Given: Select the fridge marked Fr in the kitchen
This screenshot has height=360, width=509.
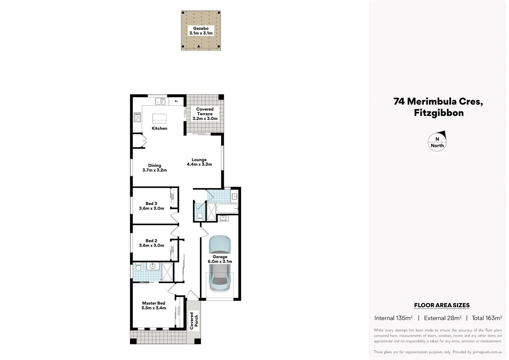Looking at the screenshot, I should [176, 101].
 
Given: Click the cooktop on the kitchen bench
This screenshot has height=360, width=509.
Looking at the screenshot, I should [137, 117].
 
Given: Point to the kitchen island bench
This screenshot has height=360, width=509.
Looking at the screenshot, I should [159, 118].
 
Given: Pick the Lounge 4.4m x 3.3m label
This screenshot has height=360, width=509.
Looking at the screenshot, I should [199, 162].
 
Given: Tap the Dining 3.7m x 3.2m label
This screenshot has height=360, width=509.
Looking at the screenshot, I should [155, 168].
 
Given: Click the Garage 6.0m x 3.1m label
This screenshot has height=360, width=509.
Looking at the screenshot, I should [220, 259].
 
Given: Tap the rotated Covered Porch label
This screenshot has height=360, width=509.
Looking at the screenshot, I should [194, 320].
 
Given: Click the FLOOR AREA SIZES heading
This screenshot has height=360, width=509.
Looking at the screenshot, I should [442, 305].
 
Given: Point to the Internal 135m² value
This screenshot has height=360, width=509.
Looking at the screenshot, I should [393, 318].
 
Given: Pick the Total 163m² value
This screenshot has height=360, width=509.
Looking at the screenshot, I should [487, 318].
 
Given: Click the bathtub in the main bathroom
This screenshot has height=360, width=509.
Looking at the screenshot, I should [227, 209].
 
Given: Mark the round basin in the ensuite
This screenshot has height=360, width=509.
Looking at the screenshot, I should [153, 266].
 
